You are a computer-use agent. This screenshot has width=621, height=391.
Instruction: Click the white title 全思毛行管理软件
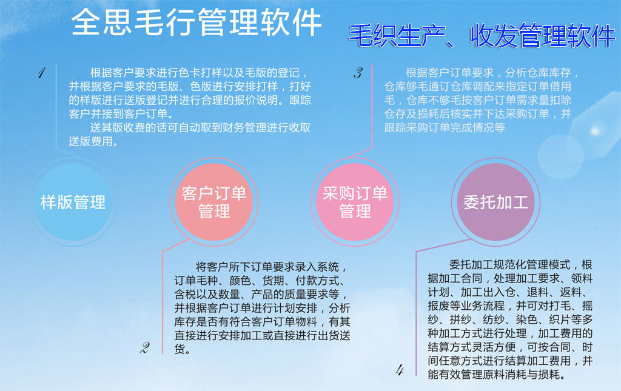196,22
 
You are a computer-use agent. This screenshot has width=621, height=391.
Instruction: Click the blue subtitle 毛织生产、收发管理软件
482,36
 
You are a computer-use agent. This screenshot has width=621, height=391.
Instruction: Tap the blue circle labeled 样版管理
73,202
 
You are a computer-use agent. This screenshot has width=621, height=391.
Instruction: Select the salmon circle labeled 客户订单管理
214,202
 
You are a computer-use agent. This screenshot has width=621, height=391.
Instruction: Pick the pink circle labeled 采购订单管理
355,202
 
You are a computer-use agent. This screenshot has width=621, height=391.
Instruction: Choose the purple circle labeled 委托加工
496,202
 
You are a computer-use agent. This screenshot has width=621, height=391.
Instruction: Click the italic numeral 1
42,73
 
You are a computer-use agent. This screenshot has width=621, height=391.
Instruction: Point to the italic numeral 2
145,347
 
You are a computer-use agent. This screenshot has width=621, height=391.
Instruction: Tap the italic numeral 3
358,73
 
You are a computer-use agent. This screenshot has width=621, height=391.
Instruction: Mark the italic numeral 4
400,370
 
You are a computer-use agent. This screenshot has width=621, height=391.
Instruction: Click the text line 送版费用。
93,141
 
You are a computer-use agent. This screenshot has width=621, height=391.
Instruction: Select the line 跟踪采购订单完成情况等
445,127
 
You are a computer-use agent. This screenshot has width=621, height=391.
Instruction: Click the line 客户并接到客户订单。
121,114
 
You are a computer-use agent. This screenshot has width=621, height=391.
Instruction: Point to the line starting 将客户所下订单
272,267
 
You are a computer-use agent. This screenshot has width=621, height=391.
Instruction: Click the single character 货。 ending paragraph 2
183,349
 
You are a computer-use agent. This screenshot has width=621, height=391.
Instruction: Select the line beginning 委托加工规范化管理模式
521,264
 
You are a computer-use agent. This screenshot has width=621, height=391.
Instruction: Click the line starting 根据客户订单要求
492,73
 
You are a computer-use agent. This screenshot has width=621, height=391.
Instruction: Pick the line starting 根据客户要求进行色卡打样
199,73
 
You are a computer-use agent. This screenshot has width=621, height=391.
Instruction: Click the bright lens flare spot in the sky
595,130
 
